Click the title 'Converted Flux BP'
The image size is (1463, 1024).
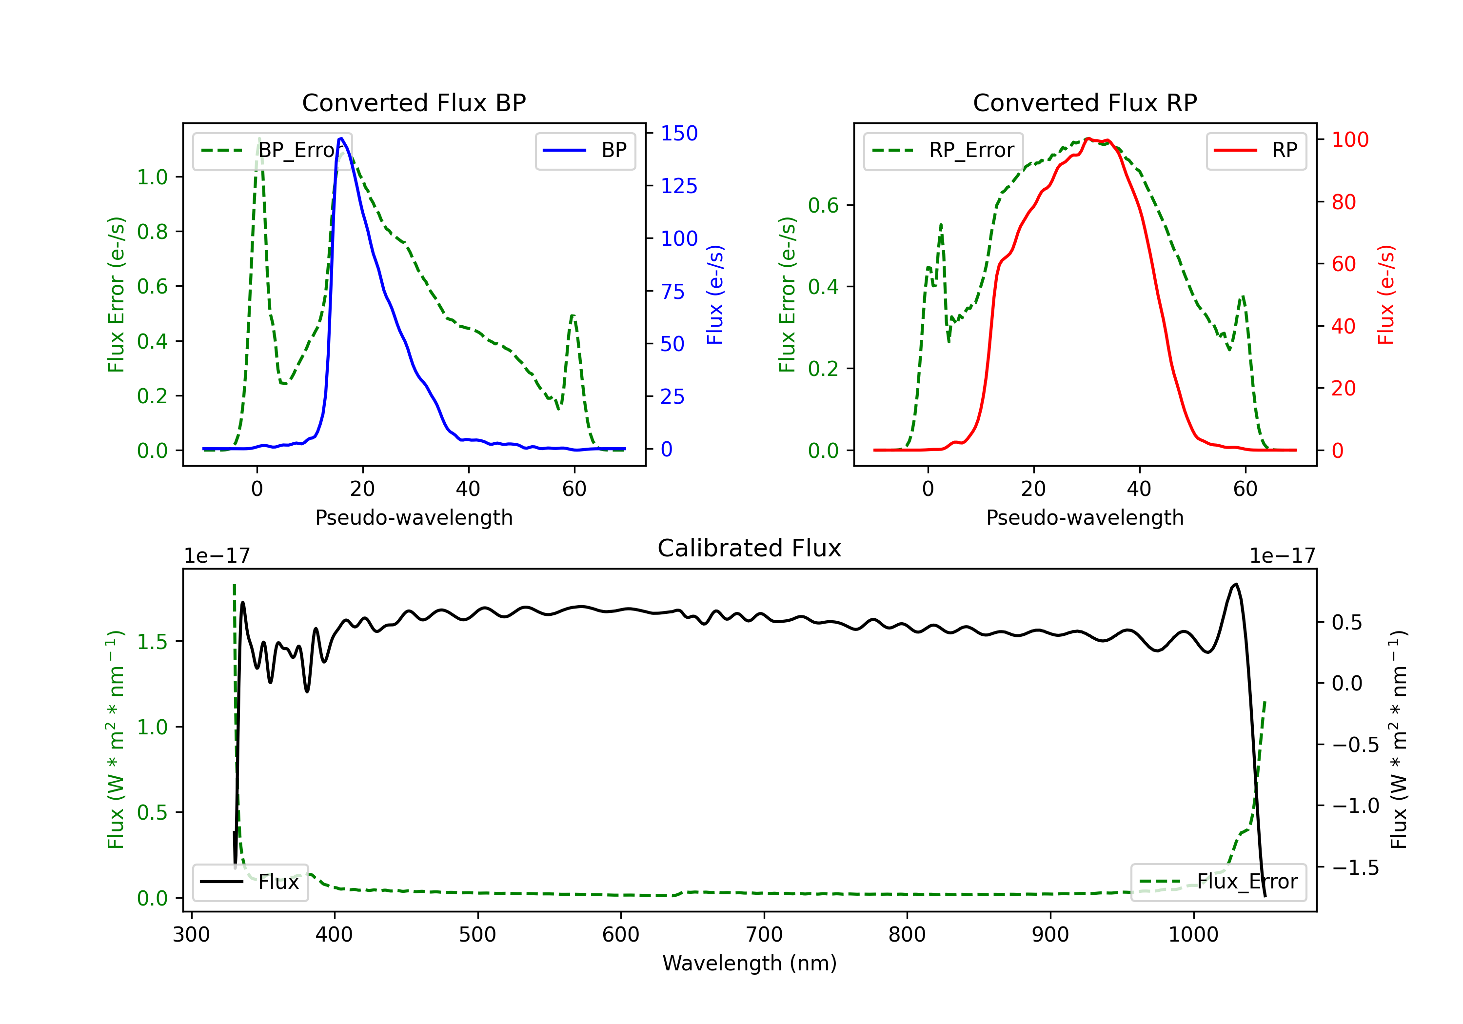(414, 102)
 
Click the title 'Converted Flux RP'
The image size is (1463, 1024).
(1085, 102)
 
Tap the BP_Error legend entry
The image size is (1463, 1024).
(272, 150)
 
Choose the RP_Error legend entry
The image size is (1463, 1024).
(943, 150)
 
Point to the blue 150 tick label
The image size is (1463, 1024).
(679, 133)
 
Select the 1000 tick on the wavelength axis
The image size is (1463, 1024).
(1193, 934)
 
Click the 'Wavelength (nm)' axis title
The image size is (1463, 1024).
(750, 963)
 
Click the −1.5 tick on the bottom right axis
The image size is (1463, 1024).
(1355, 867)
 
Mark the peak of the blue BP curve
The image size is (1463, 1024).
(341, 138)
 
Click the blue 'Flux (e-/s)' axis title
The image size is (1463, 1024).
(715, 295)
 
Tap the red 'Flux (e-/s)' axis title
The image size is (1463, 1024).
(1386, 295)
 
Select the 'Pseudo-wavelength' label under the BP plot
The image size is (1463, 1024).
(414, 517)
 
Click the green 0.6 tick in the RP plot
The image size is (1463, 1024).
(823, 205)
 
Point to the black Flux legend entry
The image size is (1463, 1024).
(251, 882)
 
